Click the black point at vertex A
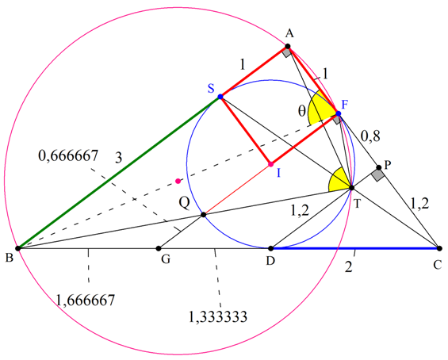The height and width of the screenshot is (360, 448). pyautogui.click(x=288, y=46)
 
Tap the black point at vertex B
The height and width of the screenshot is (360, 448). pyautogui.click(x=18, y=248)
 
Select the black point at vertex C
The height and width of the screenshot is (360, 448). pyautogui.click(x=439, y=248)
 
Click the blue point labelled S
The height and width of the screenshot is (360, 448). pyautogui.click(x=220, y=97)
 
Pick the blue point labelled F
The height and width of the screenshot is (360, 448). pyautogui.click(x=339, y=113)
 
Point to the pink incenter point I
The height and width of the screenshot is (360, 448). pyautogui.click(x=270, y=164)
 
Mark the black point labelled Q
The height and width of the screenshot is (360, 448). pyautogui.click(x=204, y=215)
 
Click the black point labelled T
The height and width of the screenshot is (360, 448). pyautogui.click(x=352, y=188)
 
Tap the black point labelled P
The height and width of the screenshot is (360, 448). pyautogui.click(x=379, y=167)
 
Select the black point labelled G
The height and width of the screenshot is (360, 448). pyautogui.click(x=159, y=248)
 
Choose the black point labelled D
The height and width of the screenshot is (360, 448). pyautogui.click(x=270, y=248)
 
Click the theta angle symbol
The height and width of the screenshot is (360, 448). pyautogui.click(x=302, y=111)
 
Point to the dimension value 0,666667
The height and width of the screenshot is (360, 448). pyautogui.click(x=68, y=155)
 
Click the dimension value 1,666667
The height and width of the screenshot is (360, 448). pyautogui.click(x=86, y=301)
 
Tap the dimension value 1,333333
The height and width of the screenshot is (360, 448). pyautogui.click(x=218, y=316)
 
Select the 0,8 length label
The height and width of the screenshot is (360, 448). pyautogui.click(x=370, y=136)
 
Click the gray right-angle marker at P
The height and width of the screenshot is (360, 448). pyautogui.click(x=378, y=174)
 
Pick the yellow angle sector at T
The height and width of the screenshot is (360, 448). pyautogui.click(x=339, y=181)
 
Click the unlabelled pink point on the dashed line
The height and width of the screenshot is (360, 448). pyautogui.click(x=178, y=181)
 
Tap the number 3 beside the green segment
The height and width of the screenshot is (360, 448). pyautogui.click(x=119, y=158)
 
